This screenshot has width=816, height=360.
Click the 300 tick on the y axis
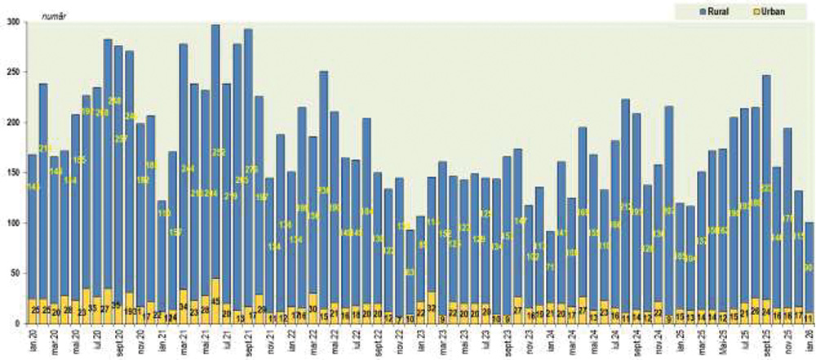[x=13, y=22]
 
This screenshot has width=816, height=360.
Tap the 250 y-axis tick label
[x=13, y=73]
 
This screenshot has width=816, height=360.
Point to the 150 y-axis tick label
[x=13, y=173]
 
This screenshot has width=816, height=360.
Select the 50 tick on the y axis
[x=16, y=273]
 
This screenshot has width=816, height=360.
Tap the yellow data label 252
[x=219, y=153]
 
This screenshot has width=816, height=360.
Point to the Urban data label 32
[x=432, y=308]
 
